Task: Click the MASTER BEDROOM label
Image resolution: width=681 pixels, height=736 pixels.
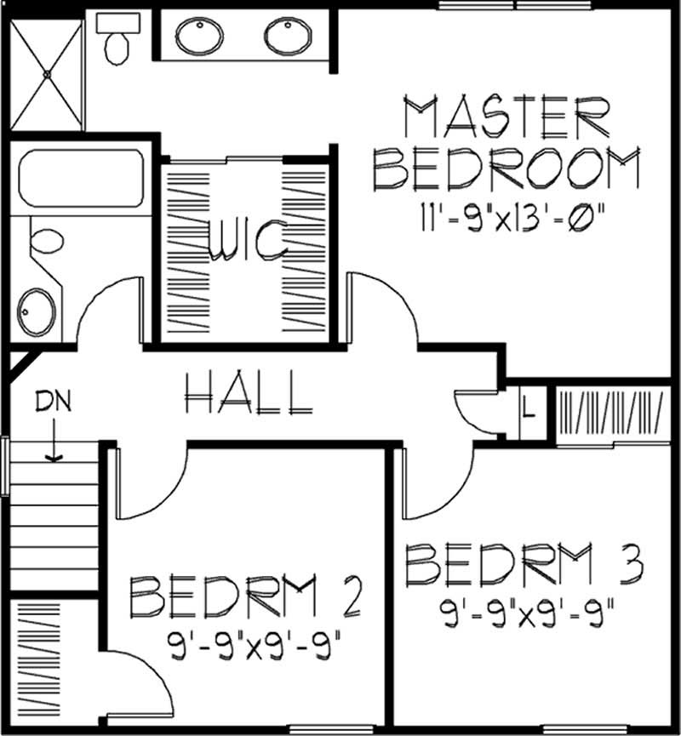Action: point(507,145)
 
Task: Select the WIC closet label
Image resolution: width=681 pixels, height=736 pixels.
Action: point(246,242)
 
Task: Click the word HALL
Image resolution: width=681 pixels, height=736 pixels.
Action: point(247,393)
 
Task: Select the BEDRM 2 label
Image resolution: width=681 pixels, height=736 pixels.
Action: point(247,597)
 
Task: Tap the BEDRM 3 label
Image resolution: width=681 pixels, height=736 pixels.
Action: point(523,565)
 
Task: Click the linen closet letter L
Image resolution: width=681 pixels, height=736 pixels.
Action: point(528,409)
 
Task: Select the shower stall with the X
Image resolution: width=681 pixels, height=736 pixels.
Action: point(47,75)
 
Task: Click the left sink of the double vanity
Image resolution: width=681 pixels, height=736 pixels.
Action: point(198,36)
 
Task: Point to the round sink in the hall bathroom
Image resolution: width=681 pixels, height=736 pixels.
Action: point(37,310)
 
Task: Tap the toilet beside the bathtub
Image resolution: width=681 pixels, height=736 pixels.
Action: point(48,241)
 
